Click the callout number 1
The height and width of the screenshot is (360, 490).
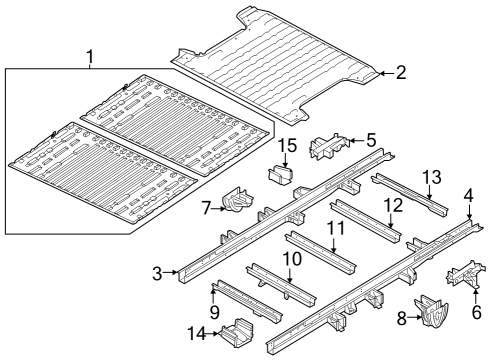point(91,55)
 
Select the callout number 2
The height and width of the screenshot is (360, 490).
point(400,72)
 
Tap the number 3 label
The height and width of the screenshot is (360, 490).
point(157,271)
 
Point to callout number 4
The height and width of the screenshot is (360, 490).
point(468,195)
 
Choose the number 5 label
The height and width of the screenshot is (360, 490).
point(370,140)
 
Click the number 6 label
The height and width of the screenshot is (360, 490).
point(476,311)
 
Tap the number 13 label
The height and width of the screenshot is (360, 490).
point(431,177)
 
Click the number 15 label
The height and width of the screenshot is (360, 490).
point(284,147)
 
